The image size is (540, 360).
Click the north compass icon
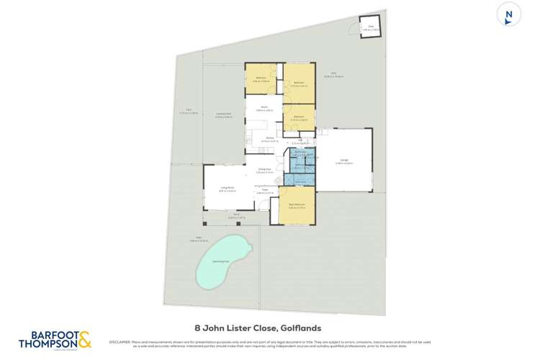tap(509, 16)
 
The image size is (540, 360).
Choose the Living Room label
tap(228, 189)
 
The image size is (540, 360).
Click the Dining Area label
tap(265, 170)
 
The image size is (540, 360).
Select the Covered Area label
tap(223, 114)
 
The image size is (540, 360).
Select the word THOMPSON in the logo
tap(48, 345)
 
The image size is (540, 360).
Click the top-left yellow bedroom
tap(263, 78)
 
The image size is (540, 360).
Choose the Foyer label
tap(265, 191)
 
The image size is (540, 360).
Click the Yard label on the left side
tap(188, 112)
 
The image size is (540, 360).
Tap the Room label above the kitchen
tap(264, 109)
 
